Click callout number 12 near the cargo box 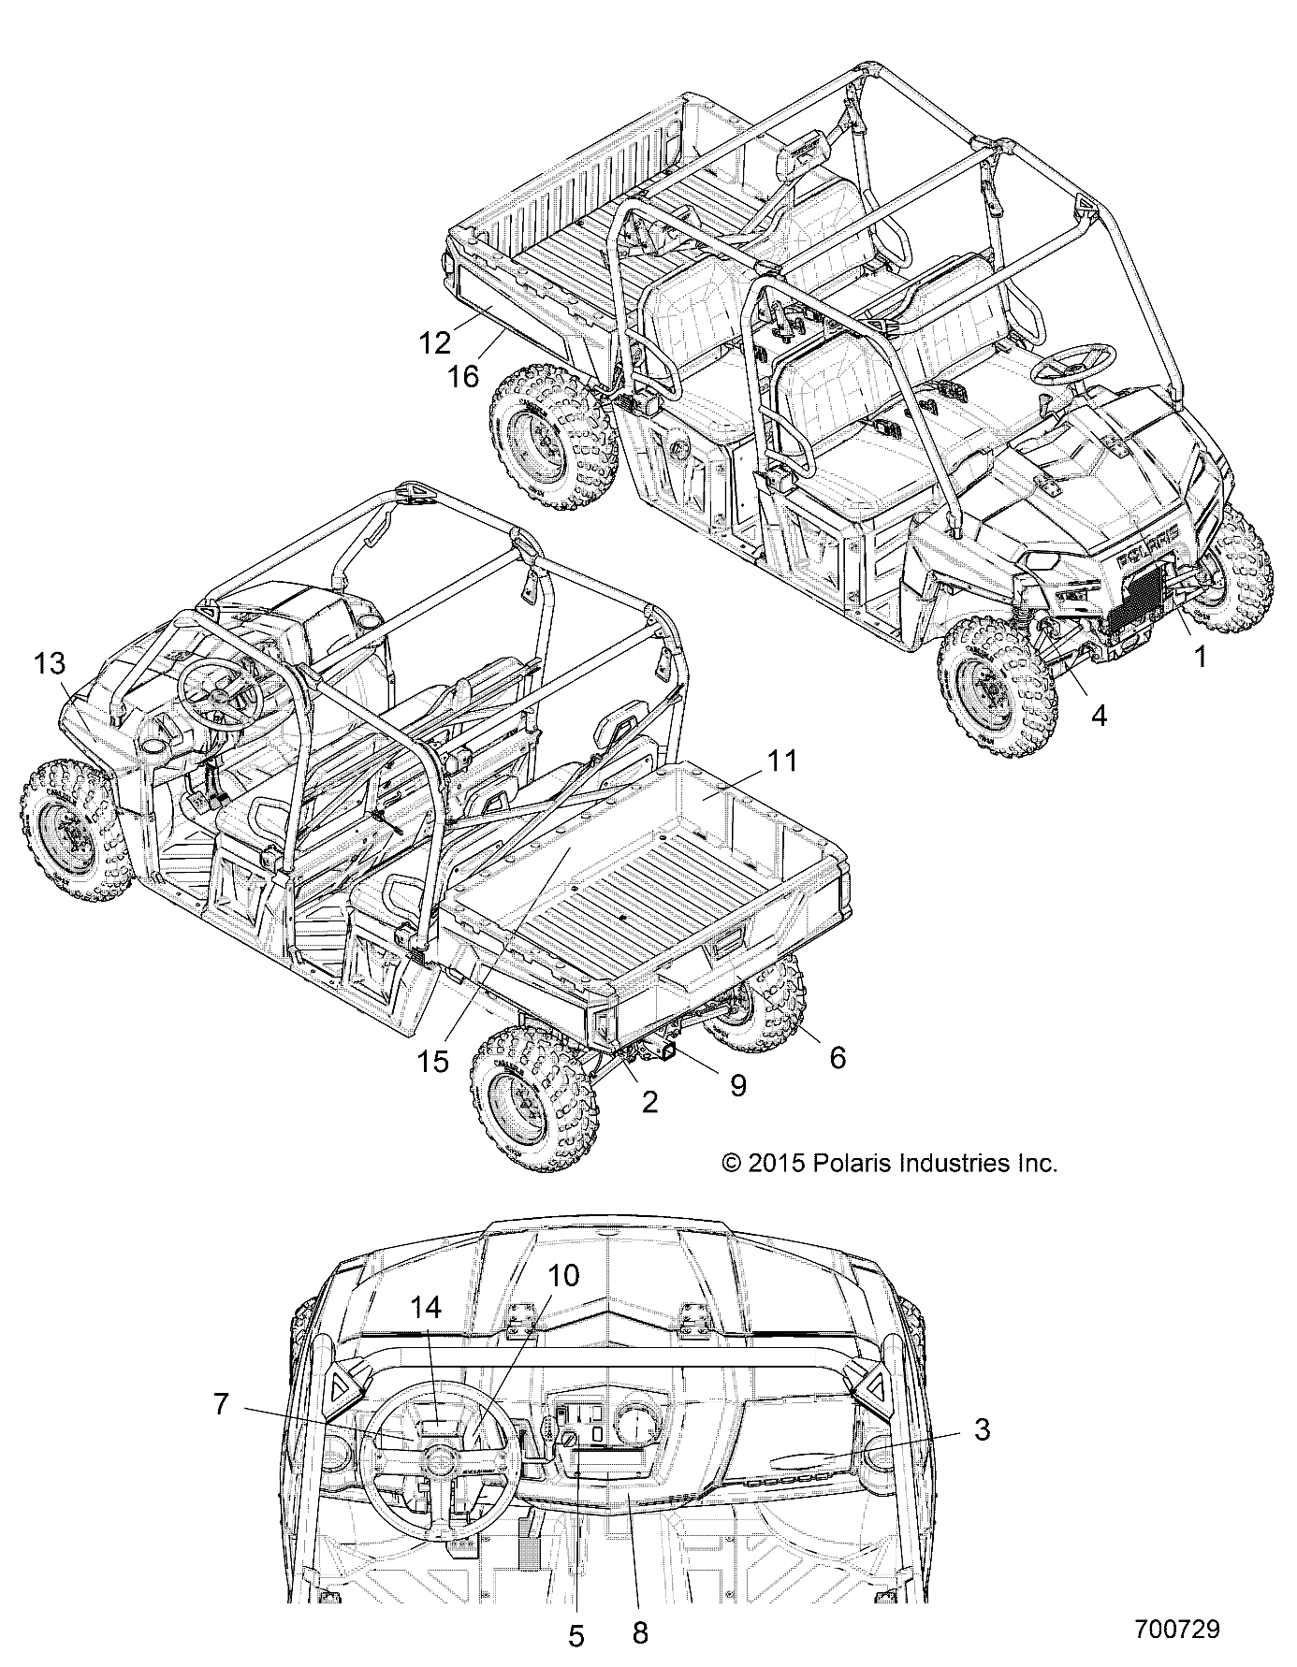[435, 343]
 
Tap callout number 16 [463, 376]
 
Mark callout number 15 [433, 1061]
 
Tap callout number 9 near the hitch [737, 1085]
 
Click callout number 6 [837, 1057]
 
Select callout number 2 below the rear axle [649, 1101]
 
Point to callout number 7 [221, 1404]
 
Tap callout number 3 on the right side [981, 1429]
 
